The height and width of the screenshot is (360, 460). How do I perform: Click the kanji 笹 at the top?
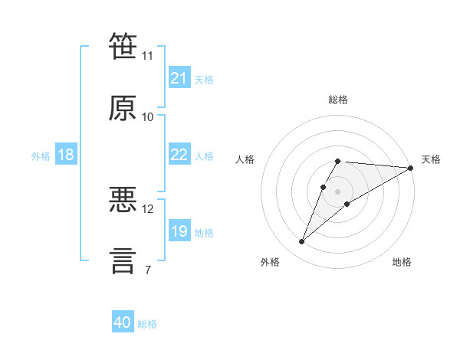point(123,46)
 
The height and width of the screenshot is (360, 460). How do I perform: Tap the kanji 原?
point(123,108)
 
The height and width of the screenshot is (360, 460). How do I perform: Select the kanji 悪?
point(123,199)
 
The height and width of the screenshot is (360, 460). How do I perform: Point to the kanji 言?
point(123,261)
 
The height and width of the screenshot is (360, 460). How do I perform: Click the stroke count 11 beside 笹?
point(147,56)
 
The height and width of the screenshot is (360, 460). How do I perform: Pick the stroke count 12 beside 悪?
point(147,209)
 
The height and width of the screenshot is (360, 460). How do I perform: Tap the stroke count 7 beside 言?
point(148,270)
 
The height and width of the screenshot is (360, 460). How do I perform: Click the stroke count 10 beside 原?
point(147,117)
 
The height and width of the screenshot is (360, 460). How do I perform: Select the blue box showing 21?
point(179,77)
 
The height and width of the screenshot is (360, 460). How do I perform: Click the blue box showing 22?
point(179,154)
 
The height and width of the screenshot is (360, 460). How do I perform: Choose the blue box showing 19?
point(179,230)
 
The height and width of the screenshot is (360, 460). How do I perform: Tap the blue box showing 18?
point(66,154)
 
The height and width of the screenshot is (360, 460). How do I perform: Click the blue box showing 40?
point(123,321)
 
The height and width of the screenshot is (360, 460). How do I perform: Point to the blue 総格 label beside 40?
point(147,324)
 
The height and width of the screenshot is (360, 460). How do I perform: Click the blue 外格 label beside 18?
point(41,156)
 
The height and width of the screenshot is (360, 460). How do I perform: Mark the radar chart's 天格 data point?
point(411,168)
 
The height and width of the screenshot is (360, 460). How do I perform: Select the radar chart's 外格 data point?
point(301,241)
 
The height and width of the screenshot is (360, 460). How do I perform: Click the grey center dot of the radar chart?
point(337,191)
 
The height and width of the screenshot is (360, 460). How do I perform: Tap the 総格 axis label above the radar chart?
point(338,100)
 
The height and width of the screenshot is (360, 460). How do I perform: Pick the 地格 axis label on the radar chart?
point(402,262)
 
